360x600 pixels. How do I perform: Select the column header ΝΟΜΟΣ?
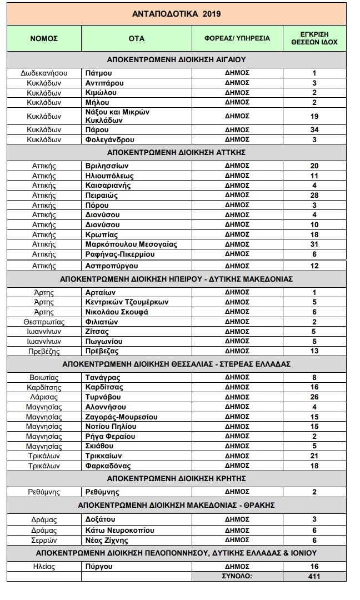point(44,38)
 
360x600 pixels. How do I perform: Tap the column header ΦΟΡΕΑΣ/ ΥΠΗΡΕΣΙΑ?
point(237,38)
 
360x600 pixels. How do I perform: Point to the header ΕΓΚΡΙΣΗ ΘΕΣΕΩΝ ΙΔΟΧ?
point(314,38)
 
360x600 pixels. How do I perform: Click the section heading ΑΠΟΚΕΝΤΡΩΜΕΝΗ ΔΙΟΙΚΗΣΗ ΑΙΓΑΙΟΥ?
point(176,59)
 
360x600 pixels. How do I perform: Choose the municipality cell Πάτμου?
point(97,73)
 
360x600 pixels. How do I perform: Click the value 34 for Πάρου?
point(314,129)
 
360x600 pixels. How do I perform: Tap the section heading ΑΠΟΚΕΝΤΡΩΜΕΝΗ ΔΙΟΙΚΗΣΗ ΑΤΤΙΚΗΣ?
point(176,152)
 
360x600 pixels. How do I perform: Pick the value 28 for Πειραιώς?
point(314,196)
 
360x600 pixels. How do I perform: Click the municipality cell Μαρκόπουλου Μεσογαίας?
point(124,244)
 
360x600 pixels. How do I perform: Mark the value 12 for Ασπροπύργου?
point(314,266)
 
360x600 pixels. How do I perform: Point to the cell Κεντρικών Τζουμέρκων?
point(126,302)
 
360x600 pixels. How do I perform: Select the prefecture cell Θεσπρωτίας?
point(44,322)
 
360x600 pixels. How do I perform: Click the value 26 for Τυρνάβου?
point(314,397)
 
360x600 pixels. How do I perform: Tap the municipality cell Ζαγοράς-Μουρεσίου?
point(121,417)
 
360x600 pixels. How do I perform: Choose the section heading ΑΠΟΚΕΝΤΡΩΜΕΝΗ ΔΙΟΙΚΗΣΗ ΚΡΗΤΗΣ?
point(176,478)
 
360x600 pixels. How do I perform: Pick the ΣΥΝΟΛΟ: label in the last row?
point(237,576)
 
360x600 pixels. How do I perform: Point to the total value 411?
point(314,576)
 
